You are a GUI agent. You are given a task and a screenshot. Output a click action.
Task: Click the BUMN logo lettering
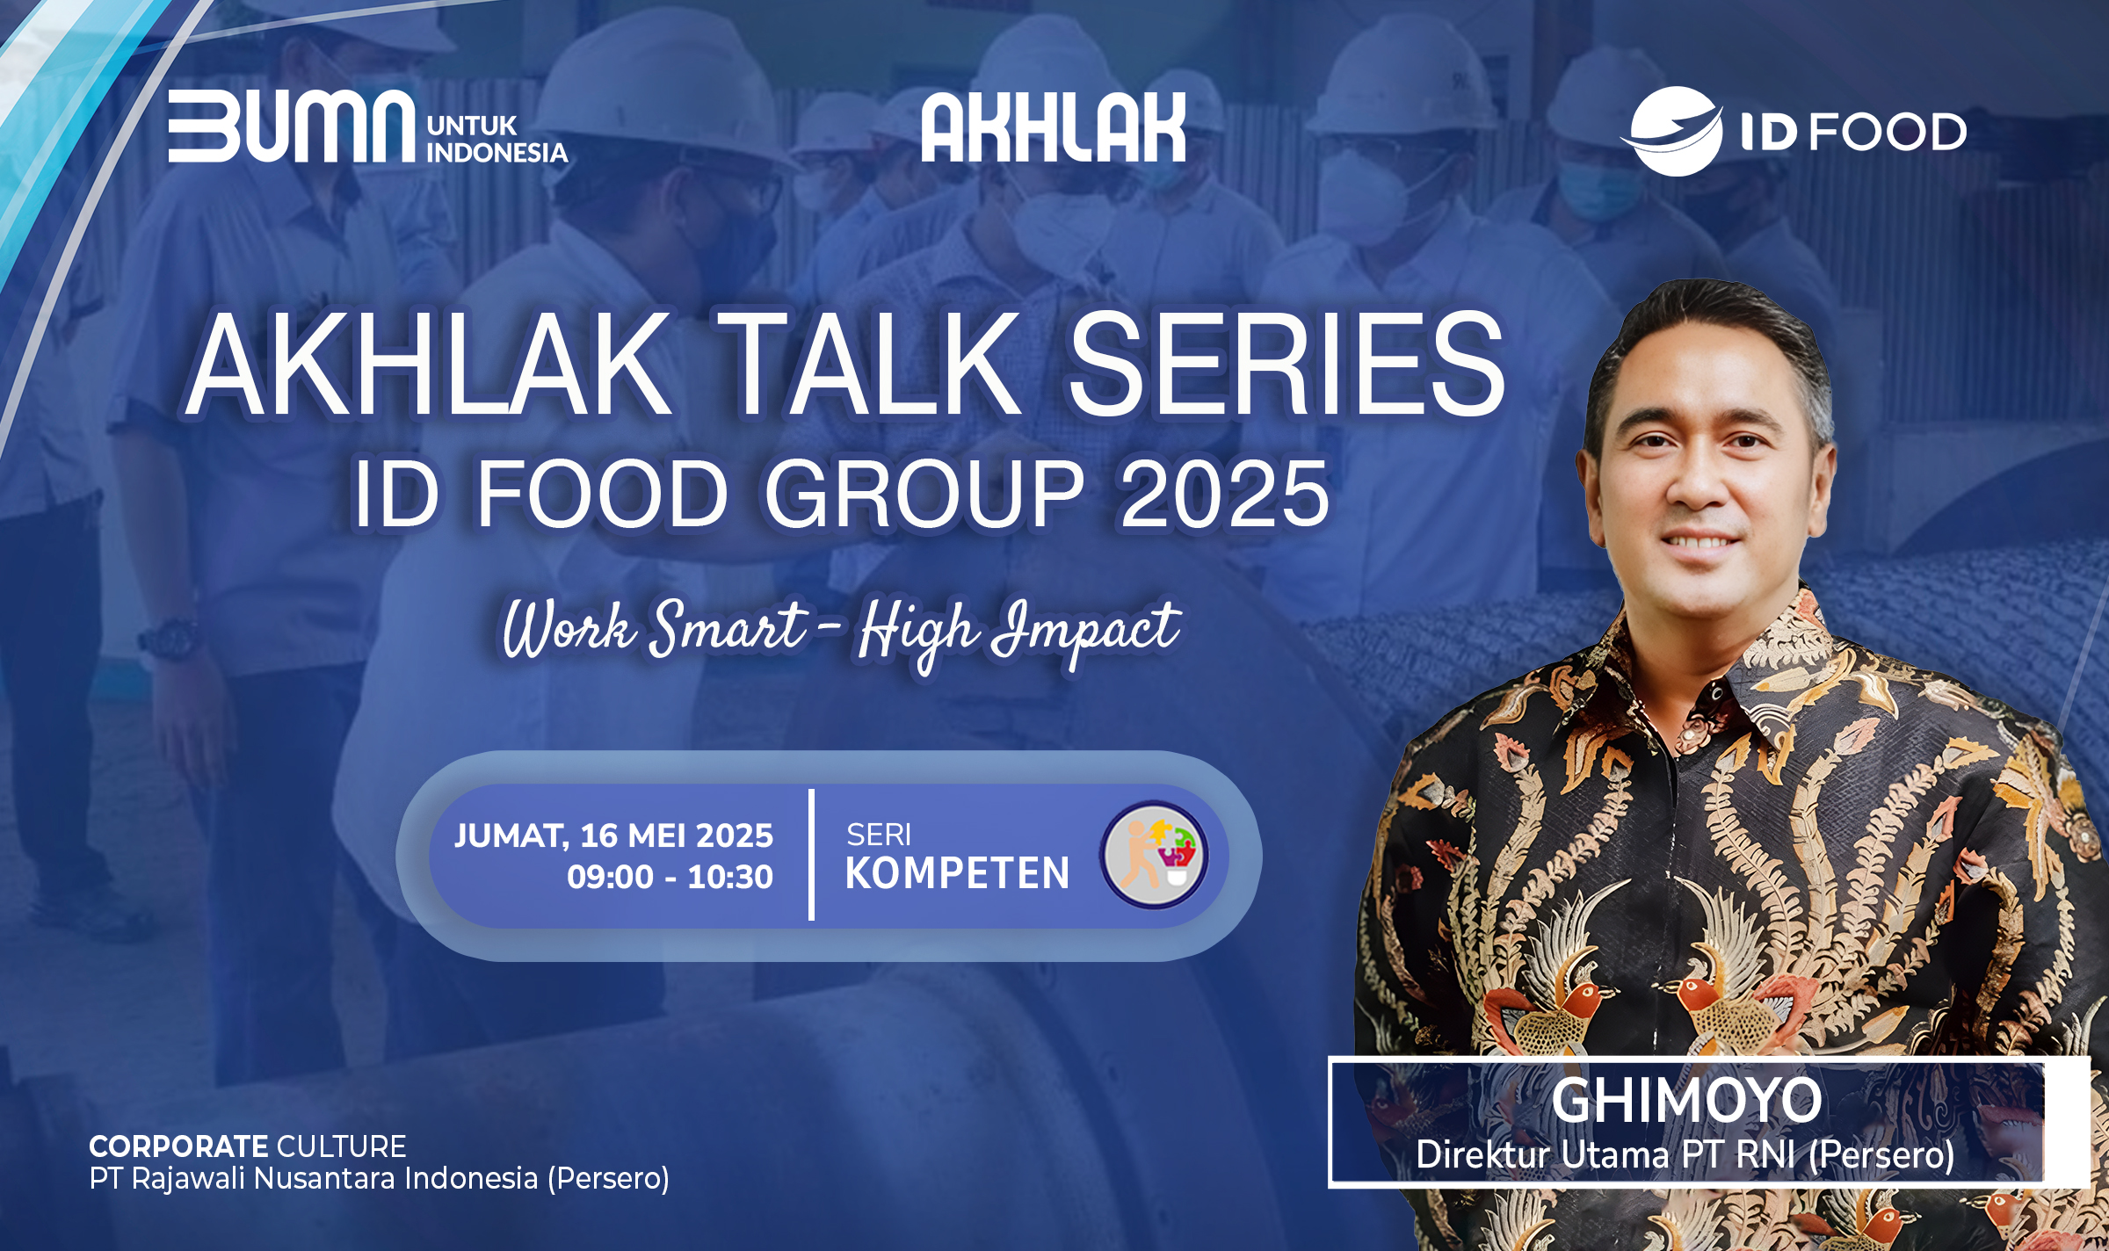click(x=291, y=126)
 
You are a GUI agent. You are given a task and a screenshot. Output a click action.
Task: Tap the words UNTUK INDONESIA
click(x=497, y=139)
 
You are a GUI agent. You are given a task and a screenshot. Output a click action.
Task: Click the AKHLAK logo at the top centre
click(x=1054, y=127)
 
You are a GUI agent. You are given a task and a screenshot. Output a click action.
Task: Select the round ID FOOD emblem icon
click(x=1671, y=131)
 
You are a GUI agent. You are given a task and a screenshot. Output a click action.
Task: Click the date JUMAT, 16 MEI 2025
click(x=613, y=835)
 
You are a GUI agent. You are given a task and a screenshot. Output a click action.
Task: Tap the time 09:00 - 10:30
click(x=670, y=877)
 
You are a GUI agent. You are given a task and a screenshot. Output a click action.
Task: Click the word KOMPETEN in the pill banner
click(x=957, y=873)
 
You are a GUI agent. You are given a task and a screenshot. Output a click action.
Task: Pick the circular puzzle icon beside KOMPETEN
click(x=1154, y=855)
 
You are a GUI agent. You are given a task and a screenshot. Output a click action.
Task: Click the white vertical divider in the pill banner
click(x=811, y=855)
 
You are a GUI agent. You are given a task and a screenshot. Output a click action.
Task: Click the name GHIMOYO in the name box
click(x=1686, y=1100)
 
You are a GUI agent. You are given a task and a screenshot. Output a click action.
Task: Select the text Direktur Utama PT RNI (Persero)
click(x=1685, y=1154)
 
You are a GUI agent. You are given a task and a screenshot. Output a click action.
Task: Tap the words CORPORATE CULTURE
click(x=248, y=1146)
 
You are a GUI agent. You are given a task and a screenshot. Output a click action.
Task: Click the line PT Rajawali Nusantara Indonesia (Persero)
click(x=380, y=1179)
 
